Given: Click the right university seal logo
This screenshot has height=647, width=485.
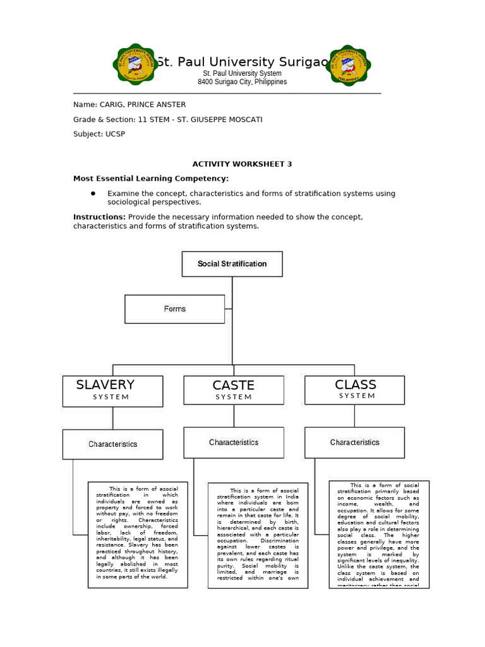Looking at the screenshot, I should pyautogui.click(x=350, y=65).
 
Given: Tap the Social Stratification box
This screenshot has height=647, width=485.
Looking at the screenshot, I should pyautogui.click(x=232, y=264).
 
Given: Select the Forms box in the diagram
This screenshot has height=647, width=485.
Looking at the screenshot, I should pyautogui.click(x=174, y=309).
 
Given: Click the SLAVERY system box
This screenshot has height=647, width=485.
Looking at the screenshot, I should pyautogui.click(x=113, y=390).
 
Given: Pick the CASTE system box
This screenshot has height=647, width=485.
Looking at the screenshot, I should pyautogui.click(x=234, y=390).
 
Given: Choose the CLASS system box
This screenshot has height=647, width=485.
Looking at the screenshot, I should pyautogui.click(x=355, y=389).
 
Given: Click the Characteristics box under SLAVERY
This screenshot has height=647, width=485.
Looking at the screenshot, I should pyautogui.click(x=113, y=444).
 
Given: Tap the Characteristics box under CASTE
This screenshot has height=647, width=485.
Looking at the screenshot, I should pyautogui.click(x=234, y=442).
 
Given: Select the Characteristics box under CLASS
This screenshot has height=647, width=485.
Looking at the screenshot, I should pyautogui.click(x=355, y=442).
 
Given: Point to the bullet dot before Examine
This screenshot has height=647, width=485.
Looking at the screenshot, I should pyautogui.click(x=92, y=193).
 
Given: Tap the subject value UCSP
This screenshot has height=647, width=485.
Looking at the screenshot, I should pyautogui.click(x=114, y=134).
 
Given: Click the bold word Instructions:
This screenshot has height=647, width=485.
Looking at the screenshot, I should pyautogui.click(x=99, y=217).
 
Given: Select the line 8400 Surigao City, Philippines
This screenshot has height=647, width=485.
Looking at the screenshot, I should pyautogui.click(x=242, y=82).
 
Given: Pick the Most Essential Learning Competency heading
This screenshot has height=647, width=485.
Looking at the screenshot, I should pyautogui.click(x=151, y=178).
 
